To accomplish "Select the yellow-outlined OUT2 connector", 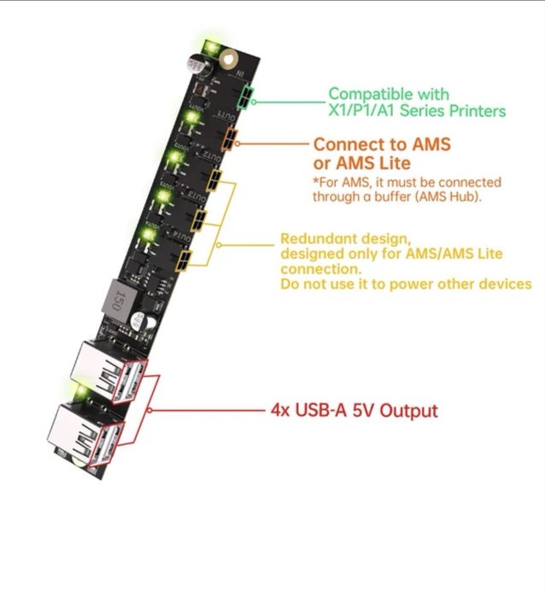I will tap(213, 181).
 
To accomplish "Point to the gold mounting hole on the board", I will tap(227, 61).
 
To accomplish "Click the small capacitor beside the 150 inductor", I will tap(142, 323).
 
